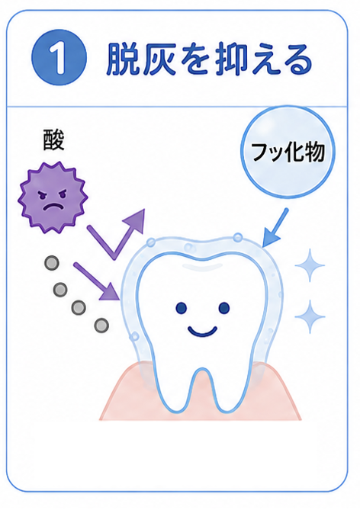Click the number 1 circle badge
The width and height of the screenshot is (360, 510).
59,58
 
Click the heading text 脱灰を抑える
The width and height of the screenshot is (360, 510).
209,59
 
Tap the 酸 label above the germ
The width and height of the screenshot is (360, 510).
53,140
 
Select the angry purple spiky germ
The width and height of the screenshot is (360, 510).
53,197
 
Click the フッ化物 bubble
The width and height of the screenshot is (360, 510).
288,152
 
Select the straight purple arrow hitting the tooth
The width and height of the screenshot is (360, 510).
97,281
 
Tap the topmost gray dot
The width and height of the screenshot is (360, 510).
52,263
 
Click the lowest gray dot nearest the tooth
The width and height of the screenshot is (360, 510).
101,325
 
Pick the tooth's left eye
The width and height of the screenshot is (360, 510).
182,308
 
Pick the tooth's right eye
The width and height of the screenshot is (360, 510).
224,308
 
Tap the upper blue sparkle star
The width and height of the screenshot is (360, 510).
310,265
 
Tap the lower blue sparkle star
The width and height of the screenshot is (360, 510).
310,316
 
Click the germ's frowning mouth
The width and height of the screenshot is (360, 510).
53,207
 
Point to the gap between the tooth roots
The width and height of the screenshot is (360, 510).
202,390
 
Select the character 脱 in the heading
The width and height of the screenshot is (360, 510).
124,59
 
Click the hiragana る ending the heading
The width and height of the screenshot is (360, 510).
296,60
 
